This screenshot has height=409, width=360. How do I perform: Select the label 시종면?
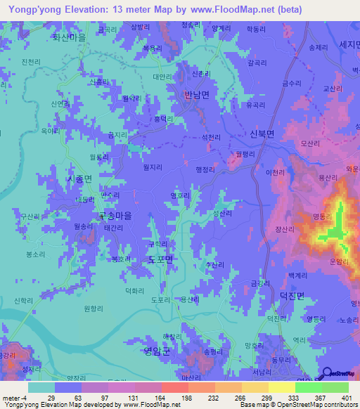(79, 179)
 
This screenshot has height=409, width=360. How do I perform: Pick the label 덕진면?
(290, 296)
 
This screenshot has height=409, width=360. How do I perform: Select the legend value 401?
(342, 398)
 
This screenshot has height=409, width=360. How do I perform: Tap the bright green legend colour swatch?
(309, 387)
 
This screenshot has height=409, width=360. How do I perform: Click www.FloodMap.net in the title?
(217, 9)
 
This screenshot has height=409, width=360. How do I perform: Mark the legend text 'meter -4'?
(14, 398)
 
